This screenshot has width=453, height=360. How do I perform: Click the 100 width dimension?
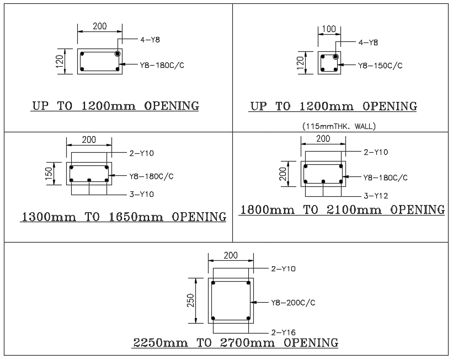tap(328, 28)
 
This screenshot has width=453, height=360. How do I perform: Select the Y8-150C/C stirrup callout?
tap(380, 66)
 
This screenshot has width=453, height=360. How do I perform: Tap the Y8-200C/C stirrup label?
tap(293, 303)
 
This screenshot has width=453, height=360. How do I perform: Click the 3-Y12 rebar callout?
tap(376, 195)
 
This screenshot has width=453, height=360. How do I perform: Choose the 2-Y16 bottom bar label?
tap(283, 332)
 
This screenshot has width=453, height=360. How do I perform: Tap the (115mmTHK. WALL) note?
tap(338, 126)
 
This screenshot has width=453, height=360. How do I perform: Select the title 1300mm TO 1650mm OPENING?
tap(123, 217)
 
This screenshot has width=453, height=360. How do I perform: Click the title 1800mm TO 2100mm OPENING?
tap(342, 209)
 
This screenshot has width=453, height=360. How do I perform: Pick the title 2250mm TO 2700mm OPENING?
tap(236, 343)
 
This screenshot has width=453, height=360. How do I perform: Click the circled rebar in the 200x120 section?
tap(118, 53)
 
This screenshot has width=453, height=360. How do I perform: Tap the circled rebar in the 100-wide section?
tap(335, 57)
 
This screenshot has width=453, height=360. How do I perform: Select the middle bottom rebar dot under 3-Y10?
tap(89, 180)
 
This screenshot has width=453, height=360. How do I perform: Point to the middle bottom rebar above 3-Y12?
tap(323, 181)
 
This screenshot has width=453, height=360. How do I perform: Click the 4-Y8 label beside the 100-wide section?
tap(368, 42)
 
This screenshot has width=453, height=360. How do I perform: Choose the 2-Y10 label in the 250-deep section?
tap(283, 269)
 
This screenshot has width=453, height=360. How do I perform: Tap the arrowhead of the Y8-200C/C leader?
tap(253, 302)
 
